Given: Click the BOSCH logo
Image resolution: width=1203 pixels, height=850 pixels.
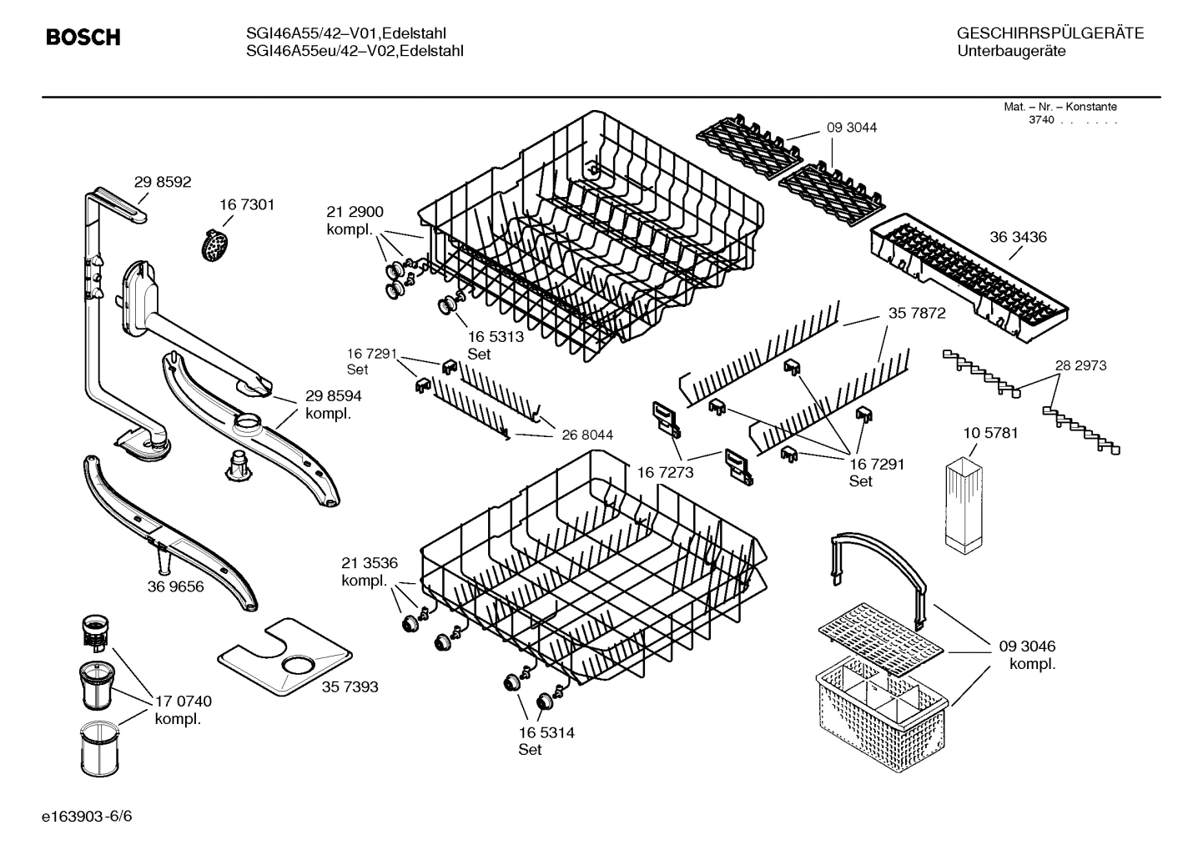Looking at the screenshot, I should [x=83, y=38].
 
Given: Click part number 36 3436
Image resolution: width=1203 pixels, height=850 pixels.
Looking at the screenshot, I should [x=1018, y=237].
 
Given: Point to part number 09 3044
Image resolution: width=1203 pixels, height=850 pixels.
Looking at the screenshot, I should [x=852, y=128].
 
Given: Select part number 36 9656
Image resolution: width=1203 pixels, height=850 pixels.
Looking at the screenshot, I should [x=175, y=586].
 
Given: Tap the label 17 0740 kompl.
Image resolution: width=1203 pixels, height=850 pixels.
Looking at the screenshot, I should [x=183, y=710].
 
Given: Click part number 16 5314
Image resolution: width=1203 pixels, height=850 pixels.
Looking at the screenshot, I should [x=546, y=733].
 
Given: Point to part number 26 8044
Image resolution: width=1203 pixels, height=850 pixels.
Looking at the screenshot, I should [x=587, y=435].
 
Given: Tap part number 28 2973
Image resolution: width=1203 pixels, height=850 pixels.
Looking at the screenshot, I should [x=1080, y=365].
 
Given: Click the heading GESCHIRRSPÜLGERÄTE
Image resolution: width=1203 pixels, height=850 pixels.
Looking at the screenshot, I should [x=1049, y=33].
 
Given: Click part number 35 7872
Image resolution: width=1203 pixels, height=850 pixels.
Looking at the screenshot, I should [x=916, y=313].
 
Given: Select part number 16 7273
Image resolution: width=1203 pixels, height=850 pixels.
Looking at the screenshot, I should [x=665, y=472].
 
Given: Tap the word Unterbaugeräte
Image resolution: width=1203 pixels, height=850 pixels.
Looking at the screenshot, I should [x=1010, y=52].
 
